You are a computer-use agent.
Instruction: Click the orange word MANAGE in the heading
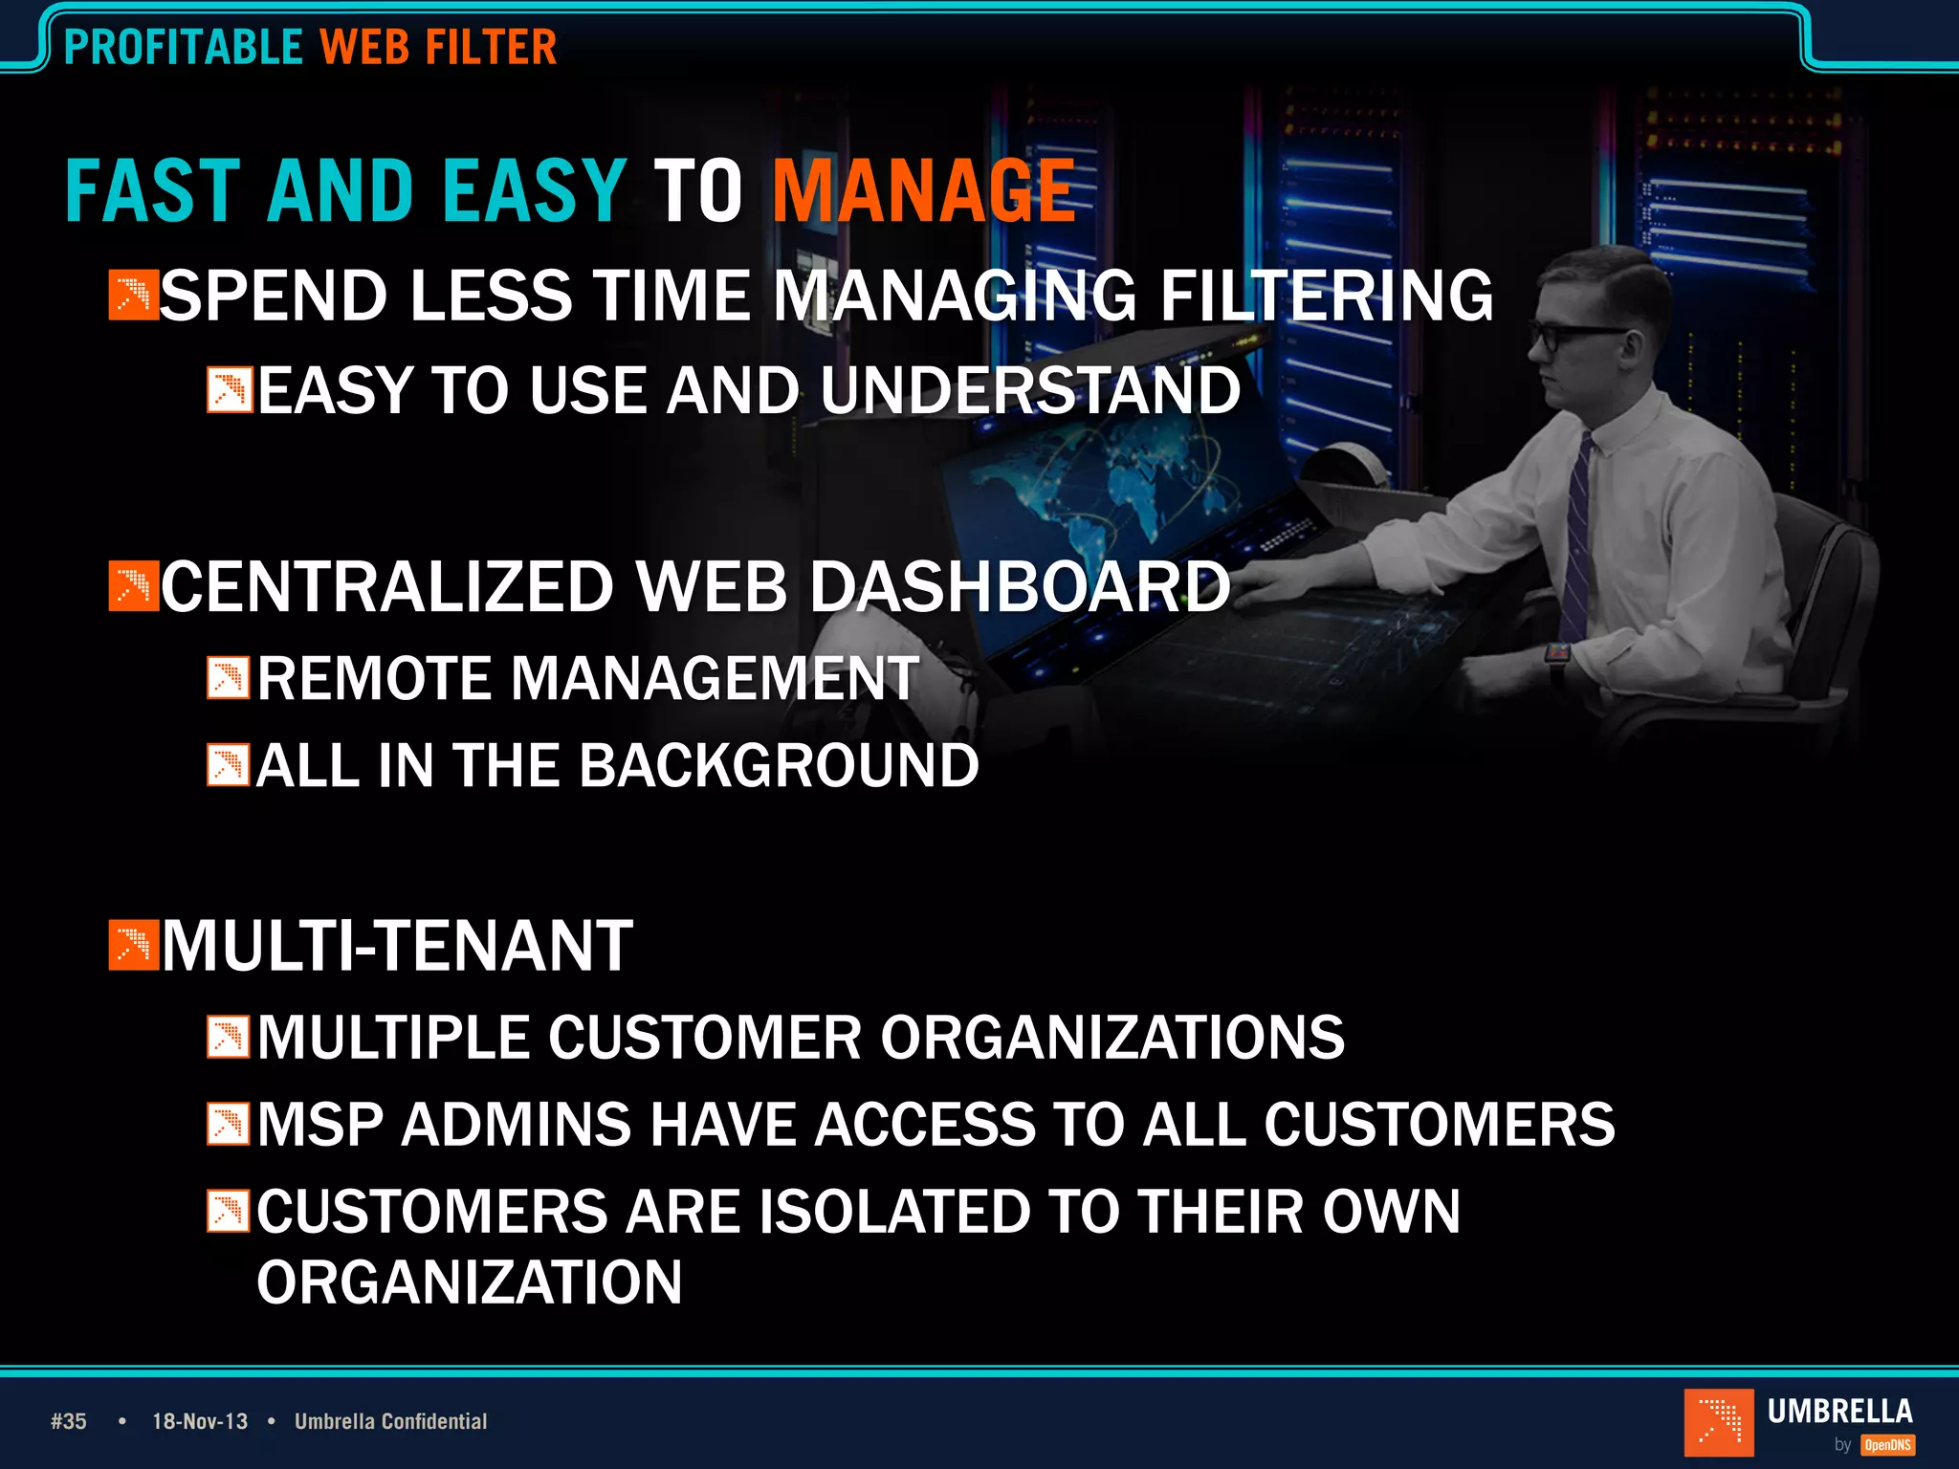[924, 191]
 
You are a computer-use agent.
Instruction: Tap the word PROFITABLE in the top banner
[183, 47]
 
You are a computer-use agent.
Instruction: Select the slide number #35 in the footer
[69, 1421]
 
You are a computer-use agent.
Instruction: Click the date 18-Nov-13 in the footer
[200, 1421]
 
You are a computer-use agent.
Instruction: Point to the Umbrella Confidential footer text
[390, 1421]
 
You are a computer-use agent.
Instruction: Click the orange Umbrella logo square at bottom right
[1718, 1421]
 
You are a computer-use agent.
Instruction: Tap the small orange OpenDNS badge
[1887, 1445]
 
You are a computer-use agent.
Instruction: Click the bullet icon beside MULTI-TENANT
[133, 945]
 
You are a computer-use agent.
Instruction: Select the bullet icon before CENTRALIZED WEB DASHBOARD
[133, 586]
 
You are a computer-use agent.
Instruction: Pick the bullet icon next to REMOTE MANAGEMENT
[229, 678]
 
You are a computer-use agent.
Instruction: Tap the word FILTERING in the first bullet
[1326, 296]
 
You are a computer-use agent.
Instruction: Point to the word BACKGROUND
[779, 766]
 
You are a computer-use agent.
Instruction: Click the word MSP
[319, 1124]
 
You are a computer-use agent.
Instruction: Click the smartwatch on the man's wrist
[1557, 656]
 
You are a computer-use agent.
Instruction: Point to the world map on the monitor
[1100, 493]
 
